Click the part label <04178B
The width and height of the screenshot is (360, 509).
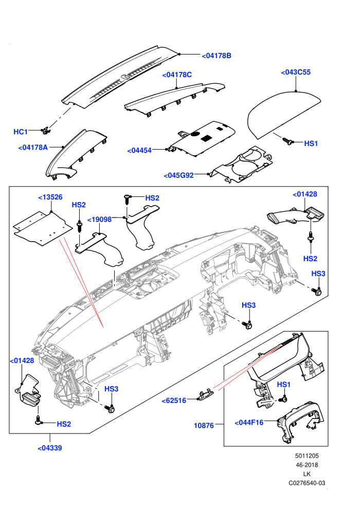point(217,56)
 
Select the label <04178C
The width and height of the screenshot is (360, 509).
point(177,75)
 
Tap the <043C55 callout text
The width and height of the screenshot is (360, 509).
point(296,72)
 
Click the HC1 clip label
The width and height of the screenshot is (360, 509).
point(21,132)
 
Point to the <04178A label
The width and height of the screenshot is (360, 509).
point(33,148)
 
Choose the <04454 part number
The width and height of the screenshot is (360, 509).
point(139,151)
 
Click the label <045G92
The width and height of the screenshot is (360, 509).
point(179,176)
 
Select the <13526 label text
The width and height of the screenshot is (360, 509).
point(50,197)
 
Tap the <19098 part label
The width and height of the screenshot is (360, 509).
point(99,220)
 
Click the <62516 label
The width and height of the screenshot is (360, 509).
point(174,401)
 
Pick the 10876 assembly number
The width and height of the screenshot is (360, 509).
point(204,426)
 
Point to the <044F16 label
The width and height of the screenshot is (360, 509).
point(249,423)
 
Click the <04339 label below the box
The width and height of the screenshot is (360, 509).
point(50,448)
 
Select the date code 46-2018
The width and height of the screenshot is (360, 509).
point(307,465)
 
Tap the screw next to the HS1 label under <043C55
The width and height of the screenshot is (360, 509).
point(287,141)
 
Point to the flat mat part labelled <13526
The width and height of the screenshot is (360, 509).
point(43,228)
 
